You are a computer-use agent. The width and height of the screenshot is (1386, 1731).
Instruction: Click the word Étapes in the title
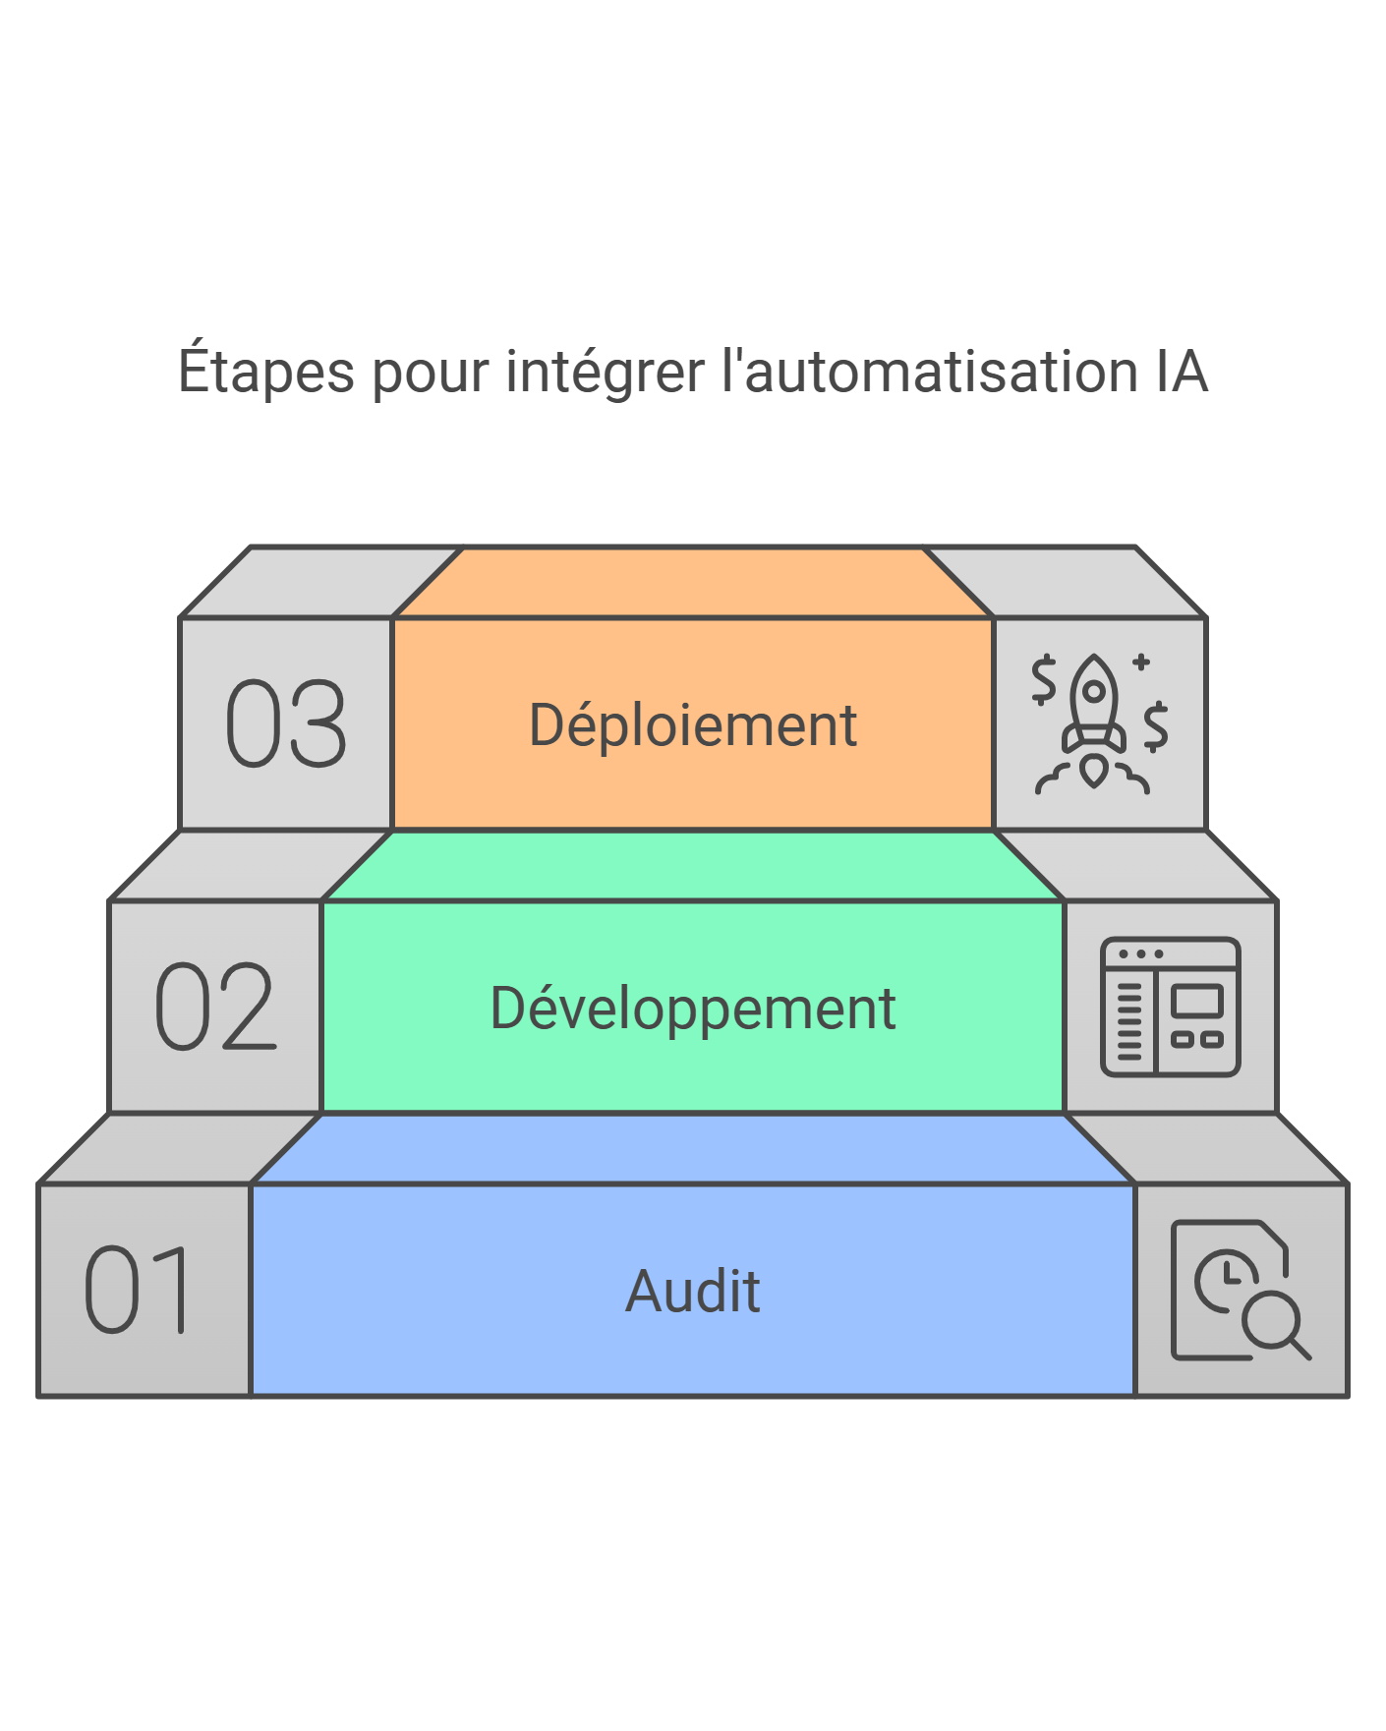[x=265, y=373]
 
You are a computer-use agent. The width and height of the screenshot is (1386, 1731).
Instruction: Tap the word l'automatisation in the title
[x=929, y=373]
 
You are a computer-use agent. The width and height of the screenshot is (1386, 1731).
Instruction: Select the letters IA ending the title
[x=1181, y=373]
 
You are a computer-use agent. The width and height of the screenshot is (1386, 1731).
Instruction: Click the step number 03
[x=286, y=724]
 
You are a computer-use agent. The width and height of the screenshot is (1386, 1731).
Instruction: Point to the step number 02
[x=215, y=1007]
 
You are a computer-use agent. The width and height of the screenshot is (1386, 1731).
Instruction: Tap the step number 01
[x=141, y=1290]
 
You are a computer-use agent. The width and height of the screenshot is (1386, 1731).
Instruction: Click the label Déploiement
[x=693, y=725]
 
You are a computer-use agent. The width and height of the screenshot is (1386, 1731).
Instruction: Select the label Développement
[x=693, y=1009]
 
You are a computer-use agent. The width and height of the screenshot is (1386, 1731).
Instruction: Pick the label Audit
[x=693, y=1291]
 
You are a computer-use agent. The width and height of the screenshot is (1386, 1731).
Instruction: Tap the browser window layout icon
[x=1170, y=1007]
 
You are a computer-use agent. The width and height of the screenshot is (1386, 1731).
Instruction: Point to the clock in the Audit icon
[x=1225, y=1279]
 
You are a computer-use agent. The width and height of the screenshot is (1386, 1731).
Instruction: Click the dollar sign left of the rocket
[x=1043, y=679]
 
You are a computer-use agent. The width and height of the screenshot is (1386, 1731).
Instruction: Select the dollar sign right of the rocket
[x=1156, y=726]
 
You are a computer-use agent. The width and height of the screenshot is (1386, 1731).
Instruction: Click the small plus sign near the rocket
[x=1140, y=662]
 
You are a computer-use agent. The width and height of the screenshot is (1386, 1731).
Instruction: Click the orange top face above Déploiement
[x=693, y=583]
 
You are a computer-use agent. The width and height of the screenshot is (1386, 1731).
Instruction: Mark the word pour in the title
[x=430, y=373]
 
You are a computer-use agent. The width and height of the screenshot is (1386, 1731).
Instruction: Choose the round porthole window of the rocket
[x=1093, y=691]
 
